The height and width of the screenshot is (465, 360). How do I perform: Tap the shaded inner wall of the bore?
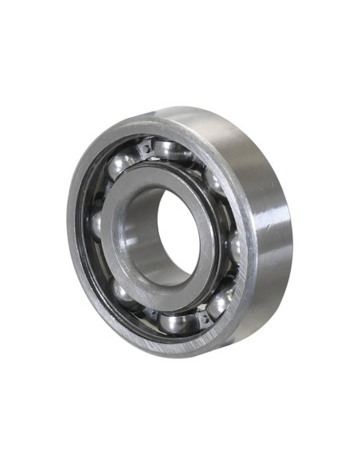(143, 231)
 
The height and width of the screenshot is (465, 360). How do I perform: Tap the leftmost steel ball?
(97, 225)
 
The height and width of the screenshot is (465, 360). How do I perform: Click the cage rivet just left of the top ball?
(146, 147)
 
